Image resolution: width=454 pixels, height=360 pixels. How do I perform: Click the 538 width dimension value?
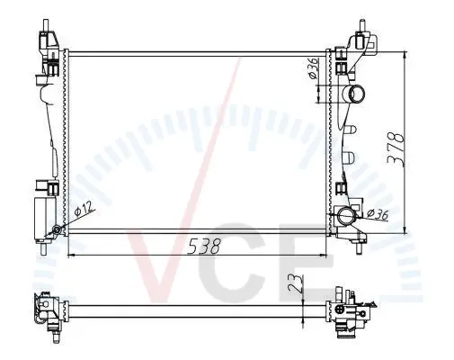pos(204,246)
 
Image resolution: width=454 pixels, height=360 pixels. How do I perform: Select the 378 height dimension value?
pos(396,148)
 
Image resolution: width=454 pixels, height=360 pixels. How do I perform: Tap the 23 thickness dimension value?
pos(295,283)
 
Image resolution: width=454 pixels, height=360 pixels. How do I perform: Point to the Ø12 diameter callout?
pos(84,208)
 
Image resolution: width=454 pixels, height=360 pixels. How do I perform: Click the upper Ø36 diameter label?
pos(313,68)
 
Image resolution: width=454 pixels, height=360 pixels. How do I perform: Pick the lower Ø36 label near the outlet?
pos(378,213)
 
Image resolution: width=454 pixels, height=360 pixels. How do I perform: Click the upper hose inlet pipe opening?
pos(358,94)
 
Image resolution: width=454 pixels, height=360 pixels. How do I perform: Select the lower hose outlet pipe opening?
pos(346,216)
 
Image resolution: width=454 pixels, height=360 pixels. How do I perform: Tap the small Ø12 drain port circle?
pos(57,230)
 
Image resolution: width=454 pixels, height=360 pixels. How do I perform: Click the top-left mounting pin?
pos(46,25)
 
